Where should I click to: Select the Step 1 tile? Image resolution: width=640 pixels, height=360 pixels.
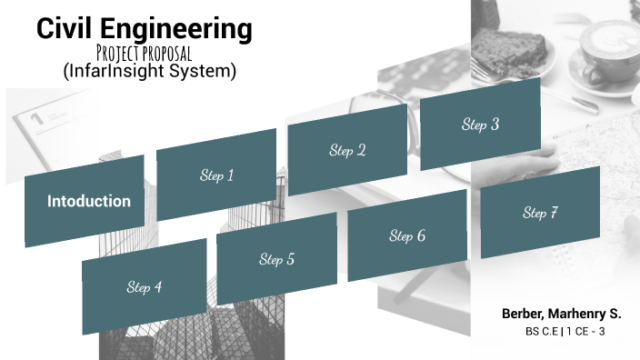pos(216,175)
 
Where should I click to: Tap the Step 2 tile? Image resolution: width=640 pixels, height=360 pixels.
pos(347,150)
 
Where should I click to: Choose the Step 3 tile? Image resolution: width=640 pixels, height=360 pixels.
pos(479,125)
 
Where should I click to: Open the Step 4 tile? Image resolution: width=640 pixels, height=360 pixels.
pos(144,287)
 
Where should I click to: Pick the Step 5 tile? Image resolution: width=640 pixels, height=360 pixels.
pos(276,260)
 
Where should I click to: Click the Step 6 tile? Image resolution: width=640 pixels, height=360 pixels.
pos(407,236)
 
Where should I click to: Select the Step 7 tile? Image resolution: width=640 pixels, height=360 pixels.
pos(540,213)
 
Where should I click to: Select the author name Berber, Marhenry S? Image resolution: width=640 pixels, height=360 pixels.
pos(561,314)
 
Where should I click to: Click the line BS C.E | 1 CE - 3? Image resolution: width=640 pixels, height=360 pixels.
pos(565,332)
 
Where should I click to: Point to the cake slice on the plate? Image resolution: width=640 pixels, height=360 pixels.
pos(519,35)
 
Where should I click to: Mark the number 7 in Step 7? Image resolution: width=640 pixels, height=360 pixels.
pos(553,213)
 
